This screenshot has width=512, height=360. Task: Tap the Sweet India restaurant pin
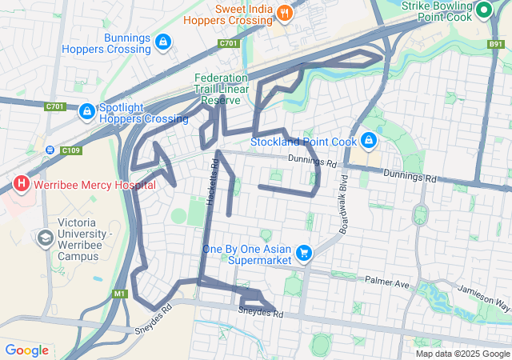285,12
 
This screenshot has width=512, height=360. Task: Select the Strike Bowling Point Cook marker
484,11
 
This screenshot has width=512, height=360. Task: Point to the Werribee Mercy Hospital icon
22,184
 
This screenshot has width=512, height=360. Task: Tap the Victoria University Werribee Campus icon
44,238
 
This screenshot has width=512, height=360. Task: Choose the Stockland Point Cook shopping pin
369,141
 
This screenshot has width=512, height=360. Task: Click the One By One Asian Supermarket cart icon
303,254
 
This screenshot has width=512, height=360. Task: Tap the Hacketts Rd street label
213,183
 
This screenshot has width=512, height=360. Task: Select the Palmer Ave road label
386,282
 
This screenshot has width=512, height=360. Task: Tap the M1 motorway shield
120,294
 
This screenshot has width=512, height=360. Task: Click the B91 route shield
497,45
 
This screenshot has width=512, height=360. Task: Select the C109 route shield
72,150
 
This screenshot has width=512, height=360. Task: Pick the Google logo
26,350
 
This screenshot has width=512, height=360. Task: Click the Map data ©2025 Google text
462,354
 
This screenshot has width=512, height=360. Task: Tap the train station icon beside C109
50,150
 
